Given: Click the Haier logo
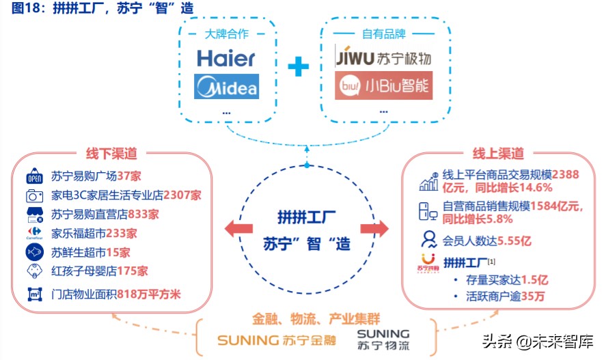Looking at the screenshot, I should click(x=226, y=58).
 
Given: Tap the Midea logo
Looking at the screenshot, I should click(x=226, y=87).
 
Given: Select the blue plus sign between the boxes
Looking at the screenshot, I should click(x=298, y=67).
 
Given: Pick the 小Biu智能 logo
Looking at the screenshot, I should click(x=383, y=86).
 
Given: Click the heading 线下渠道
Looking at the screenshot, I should click(x=112, y=154).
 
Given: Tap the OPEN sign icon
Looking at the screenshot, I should click(x=34, y=176).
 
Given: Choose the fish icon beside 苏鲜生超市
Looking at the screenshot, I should click(x=34, y=251).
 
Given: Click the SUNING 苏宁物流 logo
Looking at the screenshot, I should click(x=383, y=339).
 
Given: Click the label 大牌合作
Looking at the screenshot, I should click(x=228, y=33).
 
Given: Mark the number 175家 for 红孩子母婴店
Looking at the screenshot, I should click(x=133, y=271).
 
